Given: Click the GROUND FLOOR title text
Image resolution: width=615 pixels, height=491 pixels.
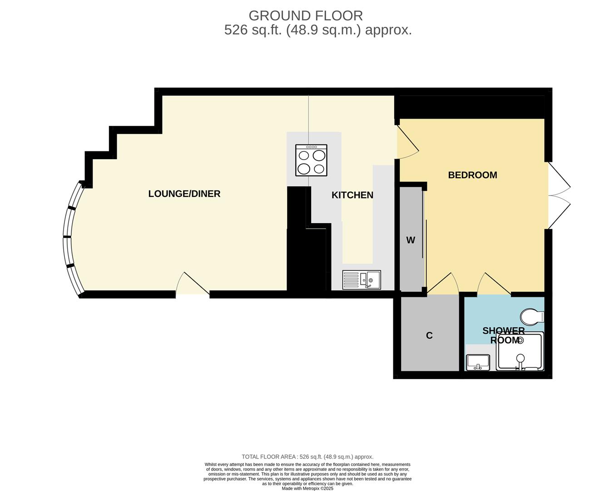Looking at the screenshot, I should [x=306, y=15].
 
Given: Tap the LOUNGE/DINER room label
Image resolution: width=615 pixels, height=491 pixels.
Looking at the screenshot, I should [x=184, y=194].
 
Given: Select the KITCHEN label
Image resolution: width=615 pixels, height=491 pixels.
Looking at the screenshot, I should [x=352, y=195].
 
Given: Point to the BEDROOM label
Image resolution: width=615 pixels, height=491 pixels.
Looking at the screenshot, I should [x=472, y=175].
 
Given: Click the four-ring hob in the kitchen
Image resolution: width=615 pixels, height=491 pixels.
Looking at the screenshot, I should [x=311, y=160].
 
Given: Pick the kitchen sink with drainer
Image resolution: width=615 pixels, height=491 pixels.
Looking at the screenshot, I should [x=362, y=280].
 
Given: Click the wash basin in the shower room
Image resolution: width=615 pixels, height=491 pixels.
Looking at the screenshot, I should [x=478, y=362].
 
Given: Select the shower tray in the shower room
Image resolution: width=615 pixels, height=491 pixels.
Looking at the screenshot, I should [x=520, y=352].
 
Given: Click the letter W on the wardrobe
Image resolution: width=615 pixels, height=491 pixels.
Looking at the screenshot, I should [x=411, y=240].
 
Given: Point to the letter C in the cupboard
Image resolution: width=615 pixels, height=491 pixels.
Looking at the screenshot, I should [x=429, y=336].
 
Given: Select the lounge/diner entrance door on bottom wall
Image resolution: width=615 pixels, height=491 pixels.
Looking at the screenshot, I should [x=193, y=285].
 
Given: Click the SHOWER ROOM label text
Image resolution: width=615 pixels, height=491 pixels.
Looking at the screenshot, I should [x=504, y=336].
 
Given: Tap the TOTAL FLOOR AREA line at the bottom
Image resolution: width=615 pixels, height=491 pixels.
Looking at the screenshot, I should [x=307, y=457].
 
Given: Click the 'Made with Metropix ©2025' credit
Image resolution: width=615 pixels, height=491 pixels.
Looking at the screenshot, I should [x=307, y=488].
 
